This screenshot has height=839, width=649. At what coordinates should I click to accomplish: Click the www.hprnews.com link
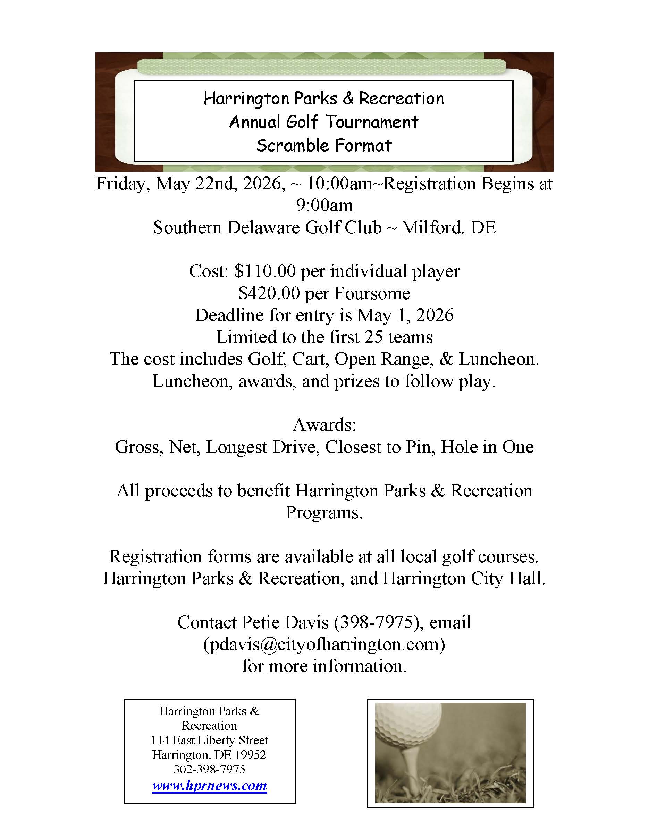coord(209,785)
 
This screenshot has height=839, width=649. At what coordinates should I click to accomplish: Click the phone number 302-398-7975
coord(209,769)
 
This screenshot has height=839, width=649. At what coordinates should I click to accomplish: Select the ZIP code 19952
coord(250,754)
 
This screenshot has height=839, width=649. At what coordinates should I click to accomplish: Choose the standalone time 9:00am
coord(324,206)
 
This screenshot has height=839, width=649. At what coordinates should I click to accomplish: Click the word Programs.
coord(324,512)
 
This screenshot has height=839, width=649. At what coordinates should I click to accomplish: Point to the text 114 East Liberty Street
coord(209,740)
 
